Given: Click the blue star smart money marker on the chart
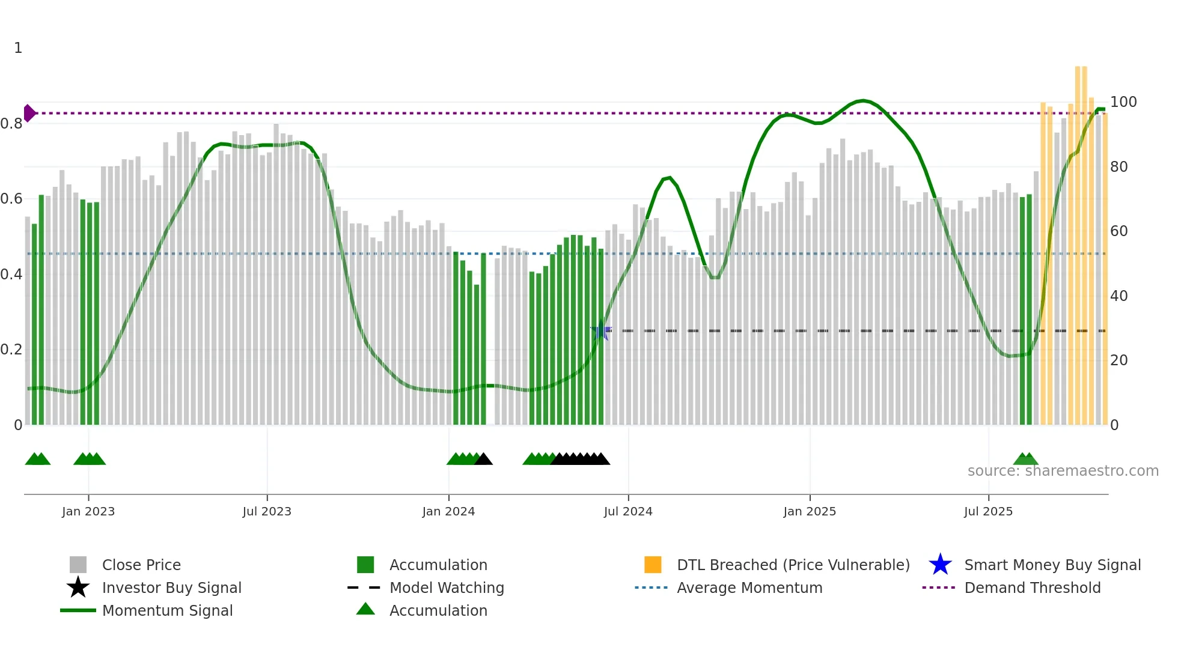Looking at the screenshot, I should pos(600,330).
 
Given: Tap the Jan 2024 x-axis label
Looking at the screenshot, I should pos(448,511).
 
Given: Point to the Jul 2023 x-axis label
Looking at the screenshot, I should pos(267,511).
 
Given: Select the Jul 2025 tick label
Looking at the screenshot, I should pos(988,511).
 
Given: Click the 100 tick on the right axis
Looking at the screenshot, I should pos(1123,102).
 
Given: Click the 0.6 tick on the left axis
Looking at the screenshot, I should pos(11,199).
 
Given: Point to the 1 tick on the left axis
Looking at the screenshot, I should pos(18,48).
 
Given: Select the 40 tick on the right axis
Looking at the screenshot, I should pos(1118,296).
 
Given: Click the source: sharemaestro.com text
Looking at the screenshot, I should pos(1063,471).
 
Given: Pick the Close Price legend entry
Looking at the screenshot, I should pos(141,565).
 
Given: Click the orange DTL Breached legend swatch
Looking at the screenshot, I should pos(653,565).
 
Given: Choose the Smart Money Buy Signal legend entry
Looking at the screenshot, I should pos(1052,565).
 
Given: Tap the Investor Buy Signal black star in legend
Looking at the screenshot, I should pos(78,588).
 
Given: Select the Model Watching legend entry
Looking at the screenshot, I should pos(447,588).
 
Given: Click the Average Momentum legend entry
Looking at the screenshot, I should pos(749,588).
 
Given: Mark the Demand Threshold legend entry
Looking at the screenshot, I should pos(1032,588).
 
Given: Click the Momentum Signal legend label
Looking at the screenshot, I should pos(167,610).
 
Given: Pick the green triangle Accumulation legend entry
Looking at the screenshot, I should pos(438,610).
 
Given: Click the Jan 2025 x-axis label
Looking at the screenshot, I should pos(810,511).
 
